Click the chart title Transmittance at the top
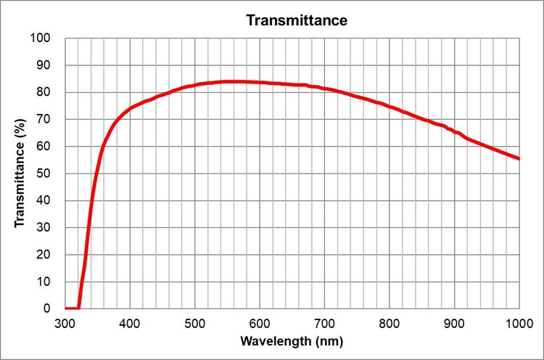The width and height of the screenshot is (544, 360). (x=297, y=20)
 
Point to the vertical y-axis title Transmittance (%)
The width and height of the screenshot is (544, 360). (x=20, y=173)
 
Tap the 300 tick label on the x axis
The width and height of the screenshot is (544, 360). (x=65, y=322)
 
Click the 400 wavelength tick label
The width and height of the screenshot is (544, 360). (x=130, y=322)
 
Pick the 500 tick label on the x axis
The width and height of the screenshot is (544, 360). (x=194, y=322)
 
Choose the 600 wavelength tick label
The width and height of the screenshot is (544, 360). (x=260, y=322)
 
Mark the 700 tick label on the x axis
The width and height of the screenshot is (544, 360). (x=324, y=322)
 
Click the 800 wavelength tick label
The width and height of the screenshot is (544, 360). (x=390, y=322)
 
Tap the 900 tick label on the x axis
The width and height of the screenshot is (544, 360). (x=454, y=322)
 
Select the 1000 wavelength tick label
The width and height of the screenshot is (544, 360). (x=518, y=322)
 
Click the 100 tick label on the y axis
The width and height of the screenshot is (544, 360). (x=42, y=38)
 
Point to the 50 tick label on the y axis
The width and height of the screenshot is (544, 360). (x=45, y=173)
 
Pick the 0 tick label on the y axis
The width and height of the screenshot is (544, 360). (x=48, y=308)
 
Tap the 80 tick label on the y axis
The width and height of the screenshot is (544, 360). (x=45, y=92)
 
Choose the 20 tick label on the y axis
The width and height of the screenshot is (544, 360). (x=45, y=255)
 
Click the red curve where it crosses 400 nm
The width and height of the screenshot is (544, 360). (x=130, y=108)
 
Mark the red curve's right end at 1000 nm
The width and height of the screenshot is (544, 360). (x=519, y=158)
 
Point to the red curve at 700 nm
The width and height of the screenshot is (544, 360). (x=325, y=89)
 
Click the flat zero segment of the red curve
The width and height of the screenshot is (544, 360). (x=72, y=308)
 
